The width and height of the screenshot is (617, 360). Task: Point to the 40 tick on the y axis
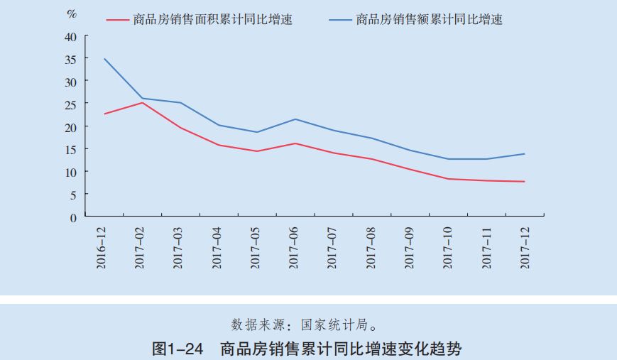(x=71, y=36)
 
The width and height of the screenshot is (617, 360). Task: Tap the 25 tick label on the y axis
(x=71, y=104)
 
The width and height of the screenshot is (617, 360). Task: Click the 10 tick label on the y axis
(x=71, y=172)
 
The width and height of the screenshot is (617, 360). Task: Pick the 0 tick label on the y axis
(x=74, y=217)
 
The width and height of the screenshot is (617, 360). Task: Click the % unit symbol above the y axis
(x=72, y=13)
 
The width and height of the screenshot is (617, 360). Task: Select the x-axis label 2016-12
(x=104, y=246)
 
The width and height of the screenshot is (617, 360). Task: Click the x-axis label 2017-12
(x=524, y=246)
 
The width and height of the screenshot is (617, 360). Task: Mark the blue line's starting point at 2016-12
(x=104, y=59)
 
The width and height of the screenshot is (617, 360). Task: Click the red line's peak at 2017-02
(x=143, y=103)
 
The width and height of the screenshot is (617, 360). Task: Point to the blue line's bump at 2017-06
(x=295, y=119)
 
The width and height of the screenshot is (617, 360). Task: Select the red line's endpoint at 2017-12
(x=524, y=182)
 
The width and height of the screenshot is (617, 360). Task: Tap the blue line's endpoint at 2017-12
(x=524, y=154)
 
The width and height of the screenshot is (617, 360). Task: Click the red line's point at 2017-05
(x=257, y=151)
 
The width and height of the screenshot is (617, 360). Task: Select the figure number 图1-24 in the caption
(x=178, y=348)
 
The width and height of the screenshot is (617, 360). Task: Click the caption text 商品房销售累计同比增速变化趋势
(x=342, y=348)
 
